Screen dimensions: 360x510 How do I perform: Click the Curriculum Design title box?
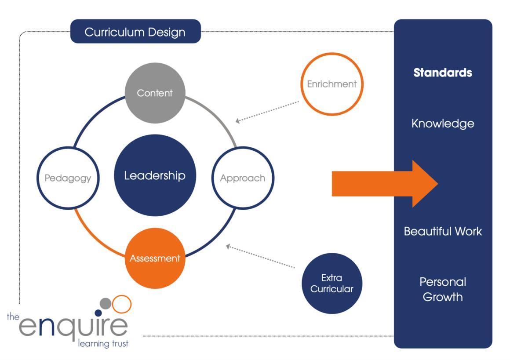(x=135, y=32)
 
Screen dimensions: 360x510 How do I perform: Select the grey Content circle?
(x=155, y=93)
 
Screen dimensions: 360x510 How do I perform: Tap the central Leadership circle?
(x=155, y=176)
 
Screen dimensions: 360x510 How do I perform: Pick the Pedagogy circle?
(x=68, y=178)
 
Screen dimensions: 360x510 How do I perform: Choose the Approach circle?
(x=242, y=178)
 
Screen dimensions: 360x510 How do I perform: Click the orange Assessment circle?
(x=155, y=258)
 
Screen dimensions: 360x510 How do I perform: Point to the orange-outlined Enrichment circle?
(x=331, y=84)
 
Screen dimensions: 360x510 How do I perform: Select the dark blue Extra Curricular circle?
(x=331, y=284)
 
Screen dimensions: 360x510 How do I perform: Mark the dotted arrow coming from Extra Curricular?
(x=260, y=256)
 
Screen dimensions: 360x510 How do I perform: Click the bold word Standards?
(x=443, y=73)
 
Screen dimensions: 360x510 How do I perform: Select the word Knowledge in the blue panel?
(x=443, y=124)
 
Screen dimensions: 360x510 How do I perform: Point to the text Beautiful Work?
(x=443, y=231)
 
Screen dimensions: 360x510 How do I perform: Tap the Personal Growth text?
(x=443, y=289)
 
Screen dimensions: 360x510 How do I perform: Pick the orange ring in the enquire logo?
(x=122, y=304)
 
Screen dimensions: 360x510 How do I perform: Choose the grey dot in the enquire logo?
(x=106, y=303)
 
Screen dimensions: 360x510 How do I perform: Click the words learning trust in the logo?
(x=103, y=343)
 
